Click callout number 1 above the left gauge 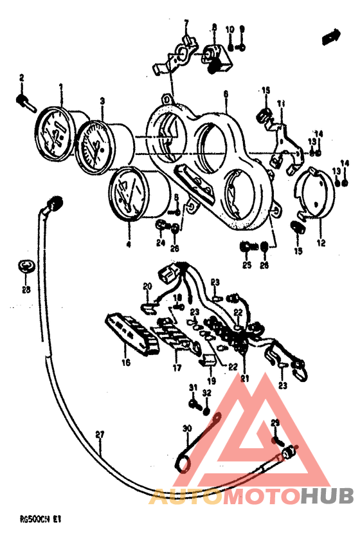click(x=61, y=86)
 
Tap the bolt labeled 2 click(x=24, y=100)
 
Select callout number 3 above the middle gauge click(x=102, y=100)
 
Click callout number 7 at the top click(x=186, y=23)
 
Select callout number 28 click(x=25, y=289)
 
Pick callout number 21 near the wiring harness click(x=244, y=379)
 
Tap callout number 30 click(x=187, y=428)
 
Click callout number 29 click(x=275, y=422)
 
